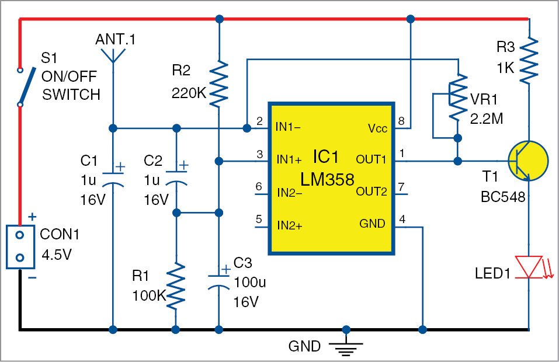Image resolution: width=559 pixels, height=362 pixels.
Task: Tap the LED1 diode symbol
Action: pyautogui.click(x=529, y=266)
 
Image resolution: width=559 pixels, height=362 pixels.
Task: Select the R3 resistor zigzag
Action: pyautogui.click(x=529, y=61)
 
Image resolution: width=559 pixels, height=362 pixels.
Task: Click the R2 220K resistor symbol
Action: pyautogui.click(x=219, y=83)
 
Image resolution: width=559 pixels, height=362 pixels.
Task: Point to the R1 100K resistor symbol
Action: pyautogui.click(x=176, y=286)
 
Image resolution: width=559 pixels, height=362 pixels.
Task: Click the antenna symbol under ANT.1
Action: pyautogui.click(x=113, y=55)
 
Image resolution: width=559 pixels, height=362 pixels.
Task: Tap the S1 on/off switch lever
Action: pyautogui.click(x=27, y=86)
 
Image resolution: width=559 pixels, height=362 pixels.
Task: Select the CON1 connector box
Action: pyautogui.click(x=20, y=246)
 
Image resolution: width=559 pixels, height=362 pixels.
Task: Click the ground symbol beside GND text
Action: pyautogui.click(x=346, y=348)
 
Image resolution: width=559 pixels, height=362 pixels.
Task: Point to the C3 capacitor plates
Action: pyautogui.click(x=219, y=282)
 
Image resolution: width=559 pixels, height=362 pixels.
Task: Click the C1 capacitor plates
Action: pyautogui.click(x=113, y=179)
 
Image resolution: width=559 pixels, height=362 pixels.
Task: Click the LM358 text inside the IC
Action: pyautogui.click(x=327, y=179)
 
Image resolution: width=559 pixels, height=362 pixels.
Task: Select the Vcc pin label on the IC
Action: pyautogui.click(x=377, y=128)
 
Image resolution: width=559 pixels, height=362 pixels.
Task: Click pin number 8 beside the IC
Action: pyautogui.click(x=401, y=121)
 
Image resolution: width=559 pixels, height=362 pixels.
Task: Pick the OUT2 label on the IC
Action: pyautogui.click(x=371, y=192)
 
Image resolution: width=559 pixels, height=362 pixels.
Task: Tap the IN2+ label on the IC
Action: pyautogui.click(x=290, y=225)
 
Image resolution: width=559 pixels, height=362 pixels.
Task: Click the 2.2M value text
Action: pyautogui.click(x=486, y=119)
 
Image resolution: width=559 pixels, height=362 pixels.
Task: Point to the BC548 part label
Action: pyautogui.click(x=503, y=197)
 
